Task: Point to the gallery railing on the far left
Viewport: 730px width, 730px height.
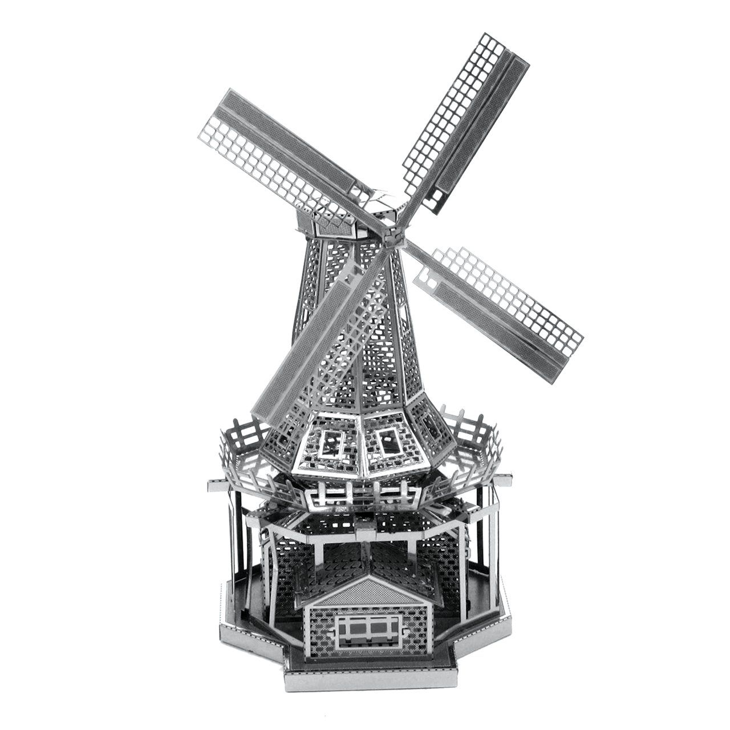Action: point(237,451)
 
